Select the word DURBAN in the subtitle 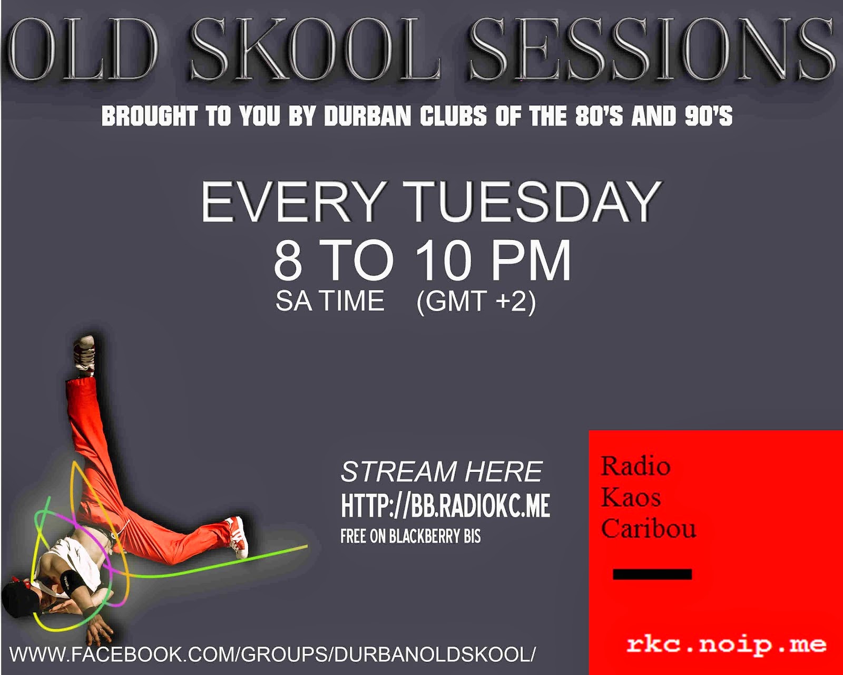click(x=367, y=117)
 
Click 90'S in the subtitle click(x=708, y=117)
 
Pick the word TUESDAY click(x=532, y=202)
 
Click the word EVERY click(x=292, y=202)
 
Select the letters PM click(x=531, y=261)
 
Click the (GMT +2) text click(x=476, y=301)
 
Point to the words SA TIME click(x=330, y=301)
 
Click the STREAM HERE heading click(x=442, y=472)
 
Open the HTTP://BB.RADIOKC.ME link click(x=445, y=506)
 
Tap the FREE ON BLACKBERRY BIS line click(x=410, y=536)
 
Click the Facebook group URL click(x=272, y=654)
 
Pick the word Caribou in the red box click(x=648, y=528)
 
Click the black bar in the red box click(x=652, y=574)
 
